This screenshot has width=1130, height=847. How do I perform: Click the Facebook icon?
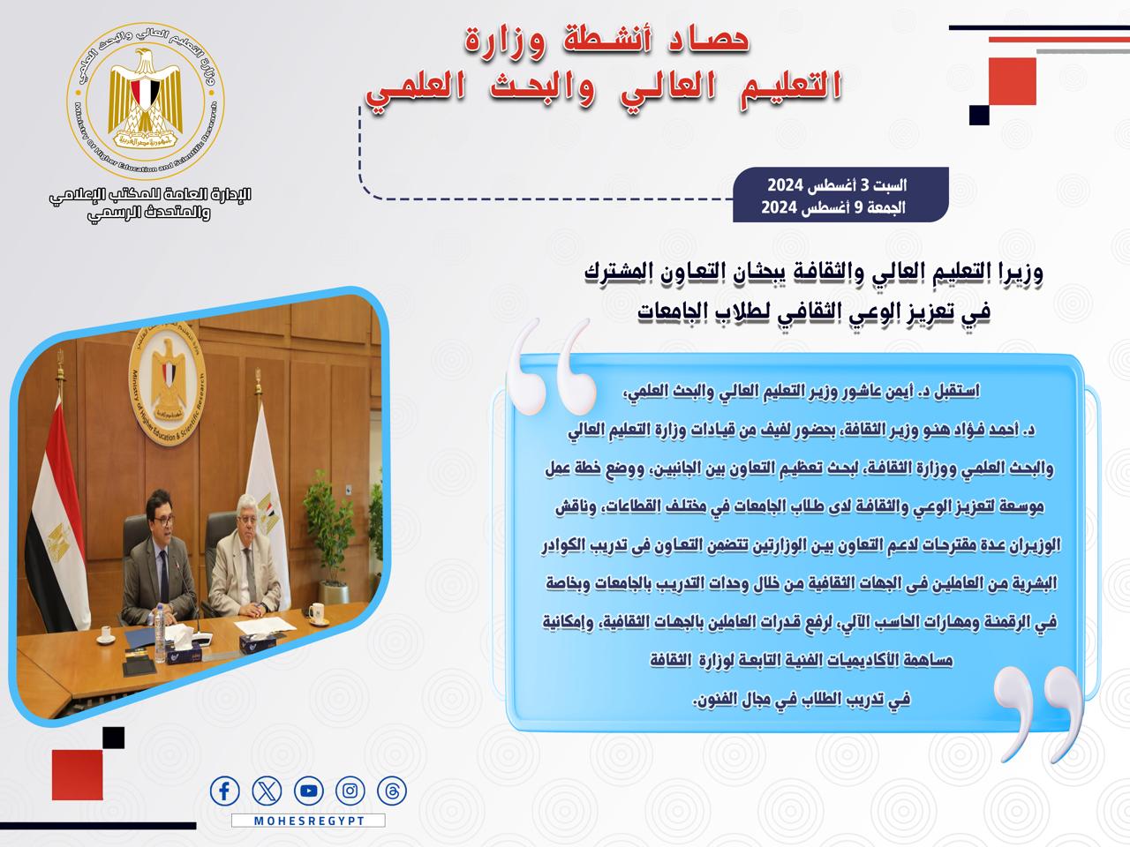[x=224, y=791]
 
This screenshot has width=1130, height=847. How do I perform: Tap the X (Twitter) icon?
[x=267, y=791]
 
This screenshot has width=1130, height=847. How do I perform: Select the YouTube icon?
[x=308, y=791]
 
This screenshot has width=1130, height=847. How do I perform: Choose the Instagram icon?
[x=350, y=791]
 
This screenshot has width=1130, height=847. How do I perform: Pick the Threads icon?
[x=392, y=791]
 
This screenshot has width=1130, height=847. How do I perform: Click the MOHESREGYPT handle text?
[x=309, y=821]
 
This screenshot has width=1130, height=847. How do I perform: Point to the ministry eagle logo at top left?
[x=146, y=100]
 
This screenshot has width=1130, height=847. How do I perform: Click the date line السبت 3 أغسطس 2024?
[x=837, y=184]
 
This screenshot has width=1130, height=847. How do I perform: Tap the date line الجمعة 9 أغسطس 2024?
[x=833, y=207]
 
